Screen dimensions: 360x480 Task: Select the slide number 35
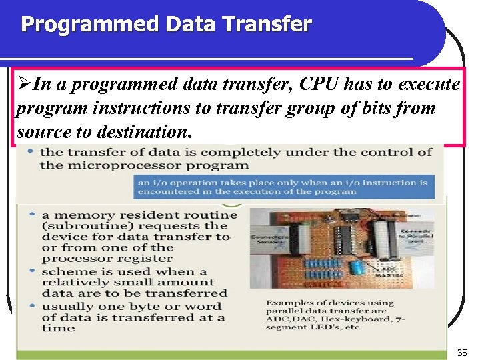pos(462,351)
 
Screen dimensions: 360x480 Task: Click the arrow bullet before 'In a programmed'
pos(24,85)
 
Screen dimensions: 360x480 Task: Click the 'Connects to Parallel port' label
pos(413,233)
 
